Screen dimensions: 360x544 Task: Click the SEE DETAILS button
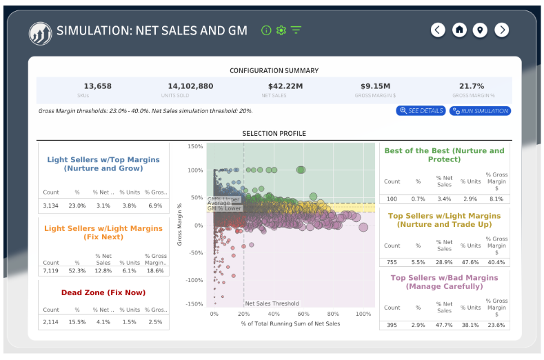[421, 110]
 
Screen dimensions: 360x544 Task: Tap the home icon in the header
[459, 30]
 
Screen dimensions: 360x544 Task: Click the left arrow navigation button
[438, 30]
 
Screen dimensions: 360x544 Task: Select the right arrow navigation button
[502, 30]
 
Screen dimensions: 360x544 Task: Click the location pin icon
[480, 30]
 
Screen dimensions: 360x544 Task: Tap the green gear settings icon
[281, 30]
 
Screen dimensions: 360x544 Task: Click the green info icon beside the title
[266, 30]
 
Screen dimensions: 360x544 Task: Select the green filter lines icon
[296, 30]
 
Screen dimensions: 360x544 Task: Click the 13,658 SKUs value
[97, 86]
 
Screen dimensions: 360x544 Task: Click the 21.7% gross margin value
[472, 86]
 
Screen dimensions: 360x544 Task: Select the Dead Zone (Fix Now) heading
[103, 292]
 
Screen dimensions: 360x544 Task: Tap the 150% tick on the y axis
[194, 147]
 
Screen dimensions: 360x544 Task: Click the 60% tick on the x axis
[303, 314]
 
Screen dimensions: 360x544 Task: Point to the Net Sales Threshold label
[272, 303]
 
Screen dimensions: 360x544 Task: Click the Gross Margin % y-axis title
[180, 224]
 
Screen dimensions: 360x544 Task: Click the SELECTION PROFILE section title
[274, 133]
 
